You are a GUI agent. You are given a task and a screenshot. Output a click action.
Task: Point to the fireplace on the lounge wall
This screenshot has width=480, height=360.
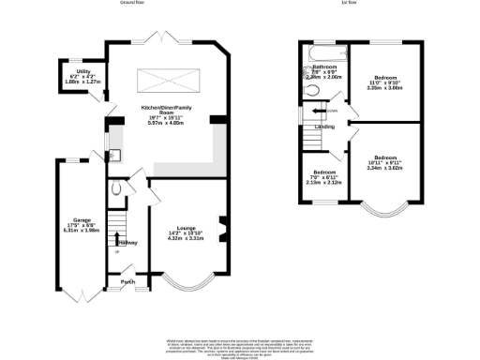coord(222,227)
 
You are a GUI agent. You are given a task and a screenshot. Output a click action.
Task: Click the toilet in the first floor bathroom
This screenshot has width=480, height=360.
coord(311,91)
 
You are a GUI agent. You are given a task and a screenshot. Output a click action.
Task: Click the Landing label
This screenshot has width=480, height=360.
coord(324,126)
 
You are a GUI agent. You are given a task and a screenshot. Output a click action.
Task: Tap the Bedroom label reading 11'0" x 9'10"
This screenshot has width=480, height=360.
coord(386,82)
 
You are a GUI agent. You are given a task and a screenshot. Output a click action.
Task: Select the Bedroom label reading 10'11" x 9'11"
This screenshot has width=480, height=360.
coord(386,162)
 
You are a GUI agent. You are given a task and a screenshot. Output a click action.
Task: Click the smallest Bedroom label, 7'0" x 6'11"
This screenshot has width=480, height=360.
coord(324,176)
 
